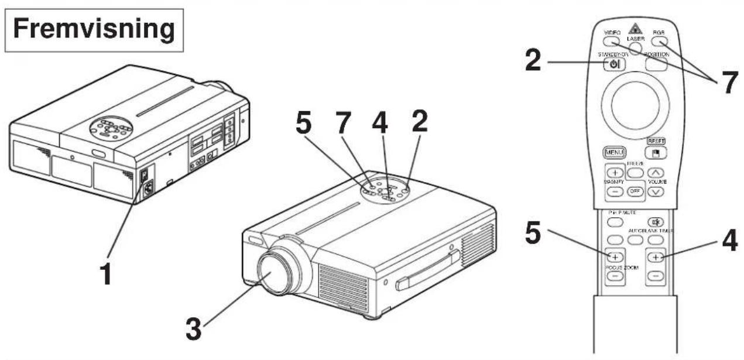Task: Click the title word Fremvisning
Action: tap(93, 30)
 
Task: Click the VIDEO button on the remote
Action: tap(613, 42)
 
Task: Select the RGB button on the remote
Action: tap(659, 42)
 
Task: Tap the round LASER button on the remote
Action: tap(636, 49)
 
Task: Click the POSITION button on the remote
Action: tap(656, 64)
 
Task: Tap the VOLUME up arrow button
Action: tap(656, 173)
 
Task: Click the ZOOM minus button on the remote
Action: tap(656, 275)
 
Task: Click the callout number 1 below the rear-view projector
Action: tap(107, 275)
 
